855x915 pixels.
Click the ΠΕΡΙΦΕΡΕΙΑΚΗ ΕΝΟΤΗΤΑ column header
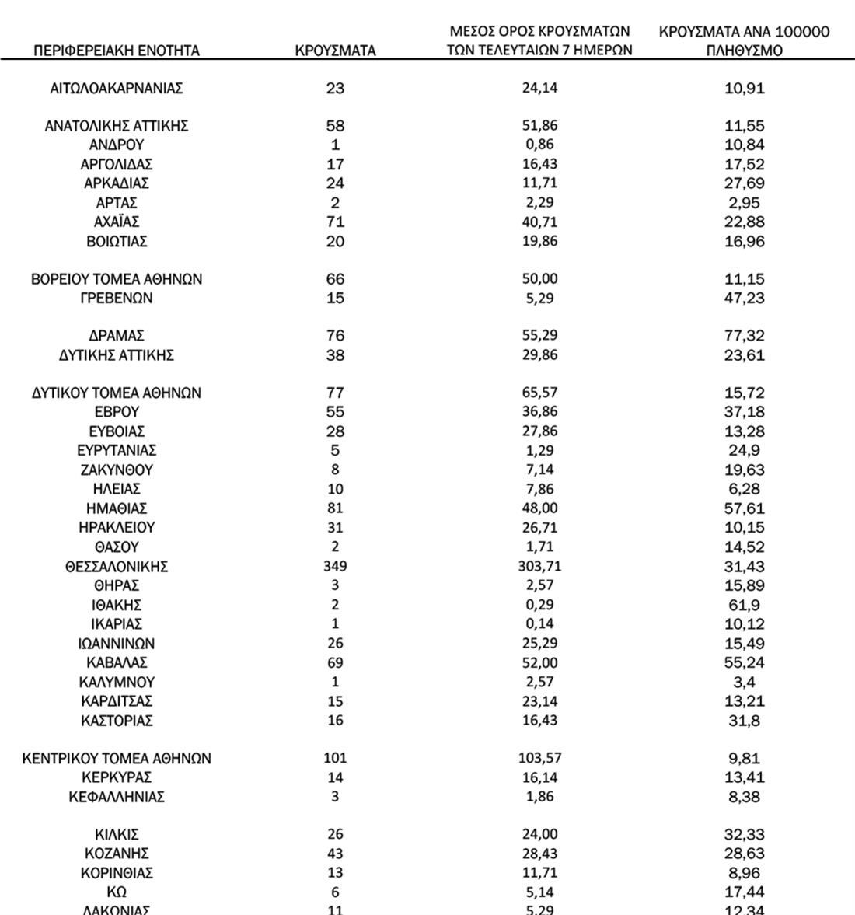pos(117,51)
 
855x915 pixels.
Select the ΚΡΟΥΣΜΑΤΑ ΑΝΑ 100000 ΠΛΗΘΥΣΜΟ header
pos(744,41)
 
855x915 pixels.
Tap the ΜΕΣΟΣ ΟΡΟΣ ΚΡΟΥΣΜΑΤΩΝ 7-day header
pos(539,41)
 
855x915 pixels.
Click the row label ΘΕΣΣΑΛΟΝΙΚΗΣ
pos(117,567)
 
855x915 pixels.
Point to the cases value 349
pos(335,567)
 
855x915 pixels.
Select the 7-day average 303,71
pos(539,567)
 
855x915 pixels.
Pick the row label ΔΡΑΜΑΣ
pos(117,336)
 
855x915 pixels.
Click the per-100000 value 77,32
pos(744,336)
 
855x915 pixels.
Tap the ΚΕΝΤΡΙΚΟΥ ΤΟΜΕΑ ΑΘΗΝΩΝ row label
pos(117,759)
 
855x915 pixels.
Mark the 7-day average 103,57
pos(539,759)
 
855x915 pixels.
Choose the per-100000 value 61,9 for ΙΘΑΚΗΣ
pos(744,606)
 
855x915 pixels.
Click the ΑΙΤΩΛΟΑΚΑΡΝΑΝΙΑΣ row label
pos(117,89)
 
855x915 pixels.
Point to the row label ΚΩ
pos(117,892)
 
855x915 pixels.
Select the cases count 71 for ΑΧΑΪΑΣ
pos(335,222)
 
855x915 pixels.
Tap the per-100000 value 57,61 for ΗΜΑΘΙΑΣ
pos(744,509)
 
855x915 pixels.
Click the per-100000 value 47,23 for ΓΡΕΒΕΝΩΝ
pos(744,299)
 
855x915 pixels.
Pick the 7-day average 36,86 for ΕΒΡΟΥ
pos(539,412)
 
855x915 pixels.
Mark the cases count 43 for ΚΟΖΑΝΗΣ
pos(335,854)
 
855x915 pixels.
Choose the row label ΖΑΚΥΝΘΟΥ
pos(117,470)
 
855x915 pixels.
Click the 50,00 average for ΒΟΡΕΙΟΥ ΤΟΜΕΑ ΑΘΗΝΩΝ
pos(539,279)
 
